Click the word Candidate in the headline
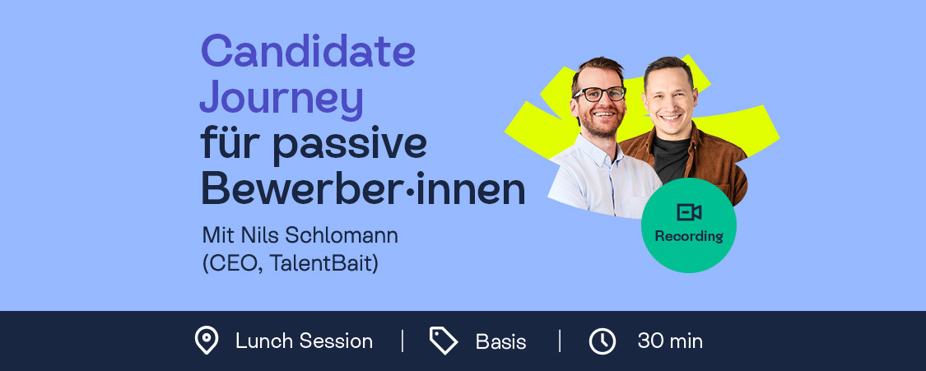(308, 50)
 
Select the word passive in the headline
(350, 145)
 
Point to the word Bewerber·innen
(363, 188)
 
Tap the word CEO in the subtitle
(232, 264)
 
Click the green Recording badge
(689, 225)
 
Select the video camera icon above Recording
(689, 211)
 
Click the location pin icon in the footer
(207, 341)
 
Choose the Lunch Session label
(304, 341)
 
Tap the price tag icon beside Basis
(444, 341)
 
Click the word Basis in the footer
(500, 341)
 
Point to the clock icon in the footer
(603, 341)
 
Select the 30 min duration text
(670, 341)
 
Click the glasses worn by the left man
(599, 93)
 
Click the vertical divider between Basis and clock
(559, 341)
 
